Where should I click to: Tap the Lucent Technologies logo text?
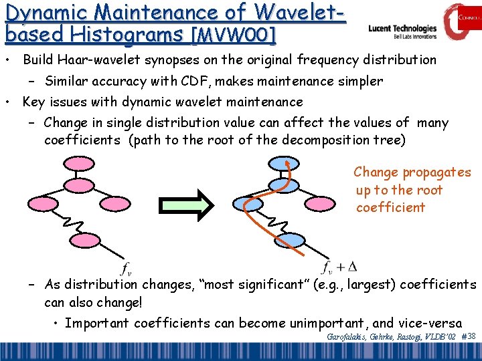402,29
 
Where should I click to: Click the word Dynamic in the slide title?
47,11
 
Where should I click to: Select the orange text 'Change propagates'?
412,172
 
